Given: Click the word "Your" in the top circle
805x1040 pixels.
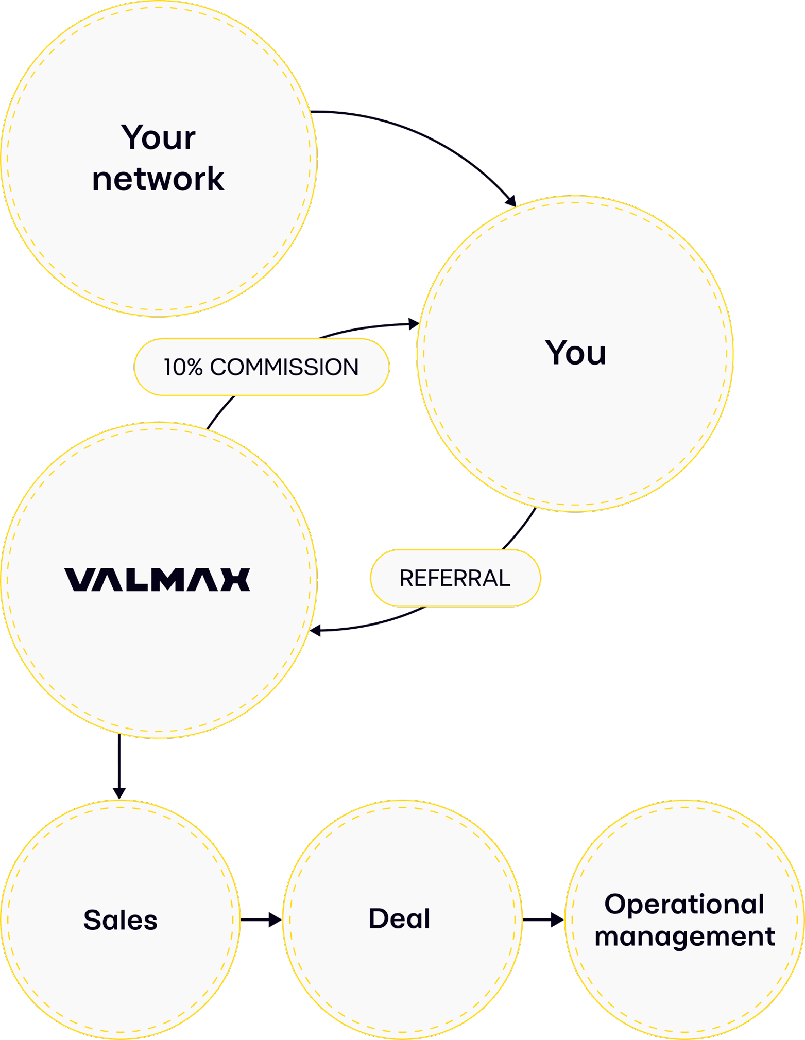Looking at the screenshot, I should (x=159, y=138).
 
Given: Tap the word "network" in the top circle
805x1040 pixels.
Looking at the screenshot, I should (x=158, y=179).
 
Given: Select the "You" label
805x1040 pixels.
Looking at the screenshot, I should (x=575, y=353).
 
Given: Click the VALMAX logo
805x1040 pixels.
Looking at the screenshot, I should (x=157, y=579).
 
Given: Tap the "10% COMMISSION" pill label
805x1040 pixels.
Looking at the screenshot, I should (x=261, y=367).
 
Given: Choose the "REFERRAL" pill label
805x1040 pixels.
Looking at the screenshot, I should (x=455, y=578).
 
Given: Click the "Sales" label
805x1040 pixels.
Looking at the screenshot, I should (x=120, y=920).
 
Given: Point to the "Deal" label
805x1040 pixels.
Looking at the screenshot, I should (x=399, y=918).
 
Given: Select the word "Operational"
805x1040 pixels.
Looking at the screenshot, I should (x=684, y=905).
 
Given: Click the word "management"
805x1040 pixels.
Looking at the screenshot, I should (x=684, y=937).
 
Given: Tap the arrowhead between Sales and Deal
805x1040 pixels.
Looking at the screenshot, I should (x=275, y=920).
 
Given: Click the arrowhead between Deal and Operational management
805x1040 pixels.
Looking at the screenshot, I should (x=557, y=920).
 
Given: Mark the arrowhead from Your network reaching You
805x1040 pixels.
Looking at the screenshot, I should (x=510, y=201).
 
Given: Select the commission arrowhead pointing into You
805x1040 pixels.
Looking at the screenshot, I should (x=413, y=324).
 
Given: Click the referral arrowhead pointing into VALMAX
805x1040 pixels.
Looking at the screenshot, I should (x=315, y=630).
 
